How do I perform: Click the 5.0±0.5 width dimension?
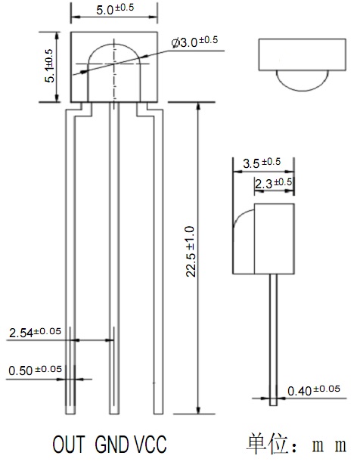click(x=115, y=8)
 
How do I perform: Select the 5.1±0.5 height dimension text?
click(x=49, y=66)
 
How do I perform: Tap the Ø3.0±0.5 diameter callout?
click(x=194, y=42)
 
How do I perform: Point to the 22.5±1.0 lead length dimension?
click(x=190, y=252)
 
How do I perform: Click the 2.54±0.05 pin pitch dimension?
click(x=35, y=333)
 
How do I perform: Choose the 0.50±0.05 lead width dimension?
click(x=35, y=370)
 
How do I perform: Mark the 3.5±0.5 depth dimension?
click(x=262, y=163)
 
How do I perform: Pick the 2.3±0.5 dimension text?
click(x=274, y=184)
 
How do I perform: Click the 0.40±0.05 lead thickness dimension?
click(x=314, y=391)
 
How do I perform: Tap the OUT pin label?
click(x=69, y=445)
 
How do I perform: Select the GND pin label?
click(x=112, y=445)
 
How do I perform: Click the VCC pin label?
click(x=151, y=445)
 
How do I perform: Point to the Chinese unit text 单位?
click(x=267, y=444)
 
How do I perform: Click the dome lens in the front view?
click(x=114, y=45)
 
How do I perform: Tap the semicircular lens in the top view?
click(x=303, y=90)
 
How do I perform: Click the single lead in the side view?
click(x=274, y=339)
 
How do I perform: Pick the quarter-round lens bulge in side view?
click(x=241, y=215)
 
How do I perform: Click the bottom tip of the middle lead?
click(x=114, y=414)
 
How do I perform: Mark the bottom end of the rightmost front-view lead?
click(x=158, y=414)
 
